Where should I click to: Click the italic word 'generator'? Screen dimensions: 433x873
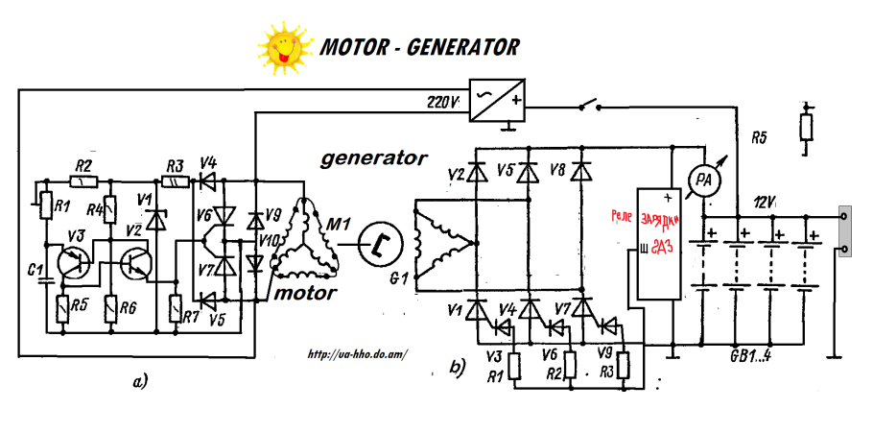[373, 156]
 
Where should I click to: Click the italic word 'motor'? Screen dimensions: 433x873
[305, 293]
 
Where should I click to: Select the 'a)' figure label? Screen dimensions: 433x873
[141, 381]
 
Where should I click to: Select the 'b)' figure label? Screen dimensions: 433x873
[458, 366]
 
